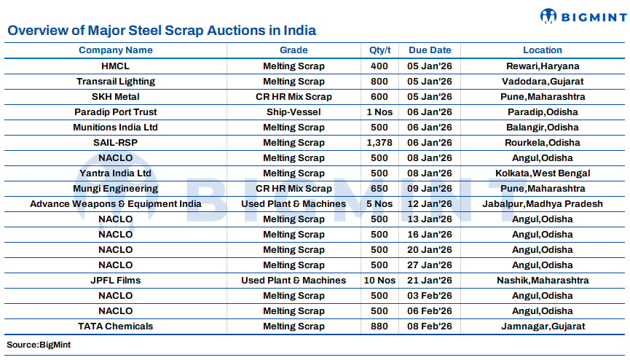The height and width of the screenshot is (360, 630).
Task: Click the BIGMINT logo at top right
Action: [580, 16]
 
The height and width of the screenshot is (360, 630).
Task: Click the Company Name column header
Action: [116, 50]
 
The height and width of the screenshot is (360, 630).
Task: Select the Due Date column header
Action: [430, 50]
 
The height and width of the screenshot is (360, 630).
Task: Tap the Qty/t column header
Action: [380, 50]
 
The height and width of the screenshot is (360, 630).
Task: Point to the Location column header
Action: [542, 50]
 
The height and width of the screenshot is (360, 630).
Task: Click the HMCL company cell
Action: [116, 66]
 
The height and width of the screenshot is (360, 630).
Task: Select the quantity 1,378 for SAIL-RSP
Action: [380, 143]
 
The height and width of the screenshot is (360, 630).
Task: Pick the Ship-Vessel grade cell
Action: [294, 112]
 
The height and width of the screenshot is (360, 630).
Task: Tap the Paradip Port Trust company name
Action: [116, 112]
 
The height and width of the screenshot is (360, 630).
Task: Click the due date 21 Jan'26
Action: [430, 281]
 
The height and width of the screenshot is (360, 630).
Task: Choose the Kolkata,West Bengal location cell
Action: [542, 173]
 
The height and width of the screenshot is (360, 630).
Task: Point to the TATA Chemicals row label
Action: [116, 326]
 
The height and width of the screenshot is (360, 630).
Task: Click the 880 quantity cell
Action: [380, 326]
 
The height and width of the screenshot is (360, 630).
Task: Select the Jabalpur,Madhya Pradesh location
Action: [542, 204]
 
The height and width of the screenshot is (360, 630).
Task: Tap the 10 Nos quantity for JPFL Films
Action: [380, 281]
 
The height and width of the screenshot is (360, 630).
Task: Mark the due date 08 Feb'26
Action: [430, 326]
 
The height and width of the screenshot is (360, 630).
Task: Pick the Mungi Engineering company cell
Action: [116, 189]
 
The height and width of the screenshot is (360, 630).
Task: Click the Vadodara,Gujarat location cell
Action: [542, 82]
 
